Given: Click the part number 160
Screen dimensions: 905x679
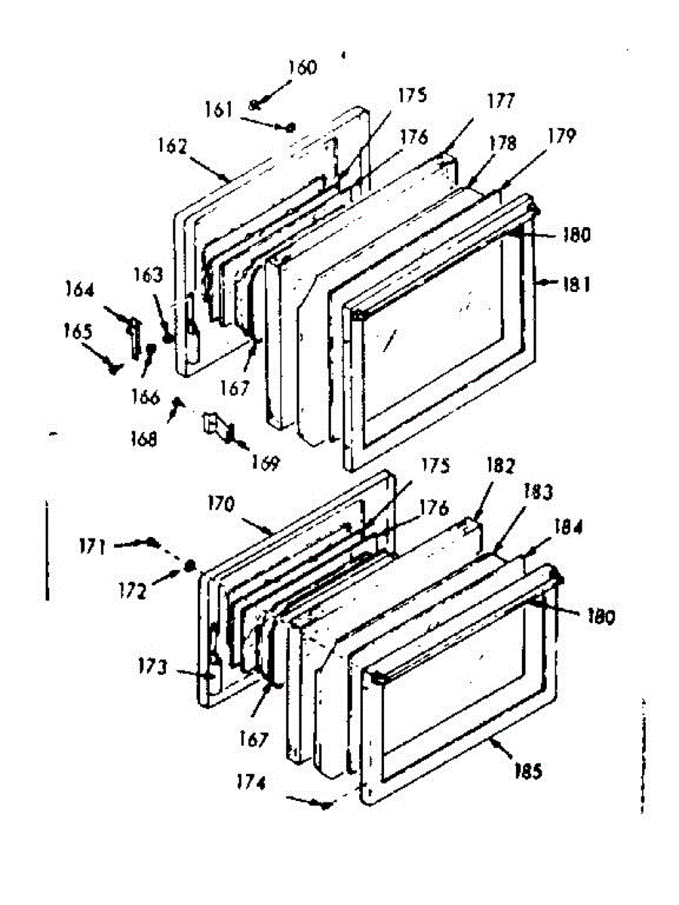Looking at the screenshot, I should [302, 69].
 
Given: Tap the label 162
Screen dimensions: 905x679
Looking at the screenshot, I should [172, 146].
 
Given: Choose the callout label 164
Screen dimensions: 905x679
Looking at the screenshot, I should [79, 290].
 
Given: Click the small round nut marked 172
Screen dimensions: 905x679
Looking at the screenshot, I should [190, 564].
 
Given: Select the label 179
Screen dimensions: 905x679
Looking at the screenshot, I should [562, 137].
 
